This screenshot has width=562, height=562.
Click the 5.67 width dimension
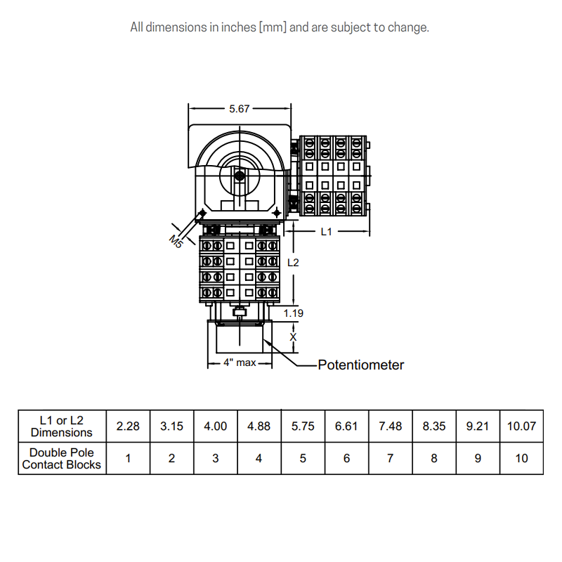coord(239,109)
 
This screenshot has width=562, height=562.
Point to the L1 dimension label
coord(327,231)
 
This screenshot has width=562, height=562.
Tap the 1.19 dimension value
coord(294,313)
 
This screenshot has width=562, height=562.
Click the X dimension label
coord(294,337)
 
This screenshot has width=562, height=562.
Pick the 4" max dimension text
coord(239,363)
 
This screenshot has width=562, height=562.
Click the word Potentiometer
coord(361,365)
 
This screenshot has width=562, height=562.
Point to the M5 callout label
coord(176,241)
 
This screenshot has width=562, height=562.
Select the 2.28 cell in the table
coord(128,426)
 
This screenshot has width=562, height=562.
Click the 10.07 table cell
coord(521,426)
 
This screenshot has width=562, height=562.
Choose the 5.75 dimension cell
coord(303,426)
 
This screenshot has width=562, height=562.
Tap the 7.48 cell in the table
coord(390,426)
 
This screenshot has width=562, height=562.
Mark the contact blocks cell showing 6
coord(346,458)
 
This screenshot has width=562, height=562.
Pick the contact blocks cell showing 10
coord(521,458)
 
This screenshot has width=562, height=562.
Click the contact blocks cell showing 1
coord(128,458)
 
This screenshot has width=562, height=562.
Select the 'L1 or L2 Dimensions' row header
coord(62,426)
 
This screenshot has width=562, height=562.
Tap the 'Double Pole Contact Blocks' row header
coord(62,458)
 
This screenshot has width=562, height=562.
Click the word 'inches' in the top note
coord(240,27)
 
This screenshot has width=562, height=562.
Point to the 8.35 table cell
coord(434,426)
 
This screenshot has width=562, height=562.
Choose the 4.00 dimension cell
coord(215,426)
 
